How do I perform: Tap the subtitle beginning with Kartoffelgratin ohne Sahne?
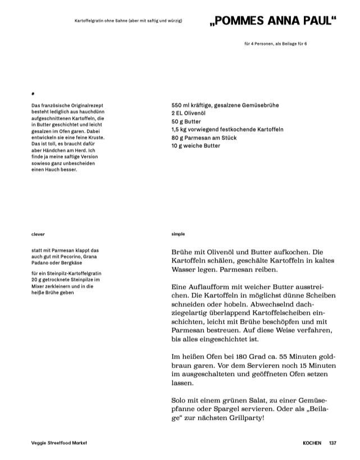pyautogui.click(x=128, y=21)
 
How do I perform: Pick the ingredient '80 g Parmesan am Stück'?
pyautogui.click(x=204, y=138)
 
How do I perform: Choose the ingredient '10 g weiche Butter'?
pyautogui.click(x=196, y=145)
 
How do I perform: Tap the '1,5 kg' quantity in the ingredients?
pyautogui.click(x=181, y=129)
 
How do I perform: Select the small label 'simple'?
pyautogui.click(x=178, y=234)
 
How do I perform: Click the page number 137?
pyautogui.click(x=332, y=443)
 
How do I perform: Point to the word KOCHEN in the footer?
pyautogui.click(x=312, y=443)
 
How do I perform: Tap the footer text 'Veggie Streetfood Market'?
pyautogui.click(x=60, y=443)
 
